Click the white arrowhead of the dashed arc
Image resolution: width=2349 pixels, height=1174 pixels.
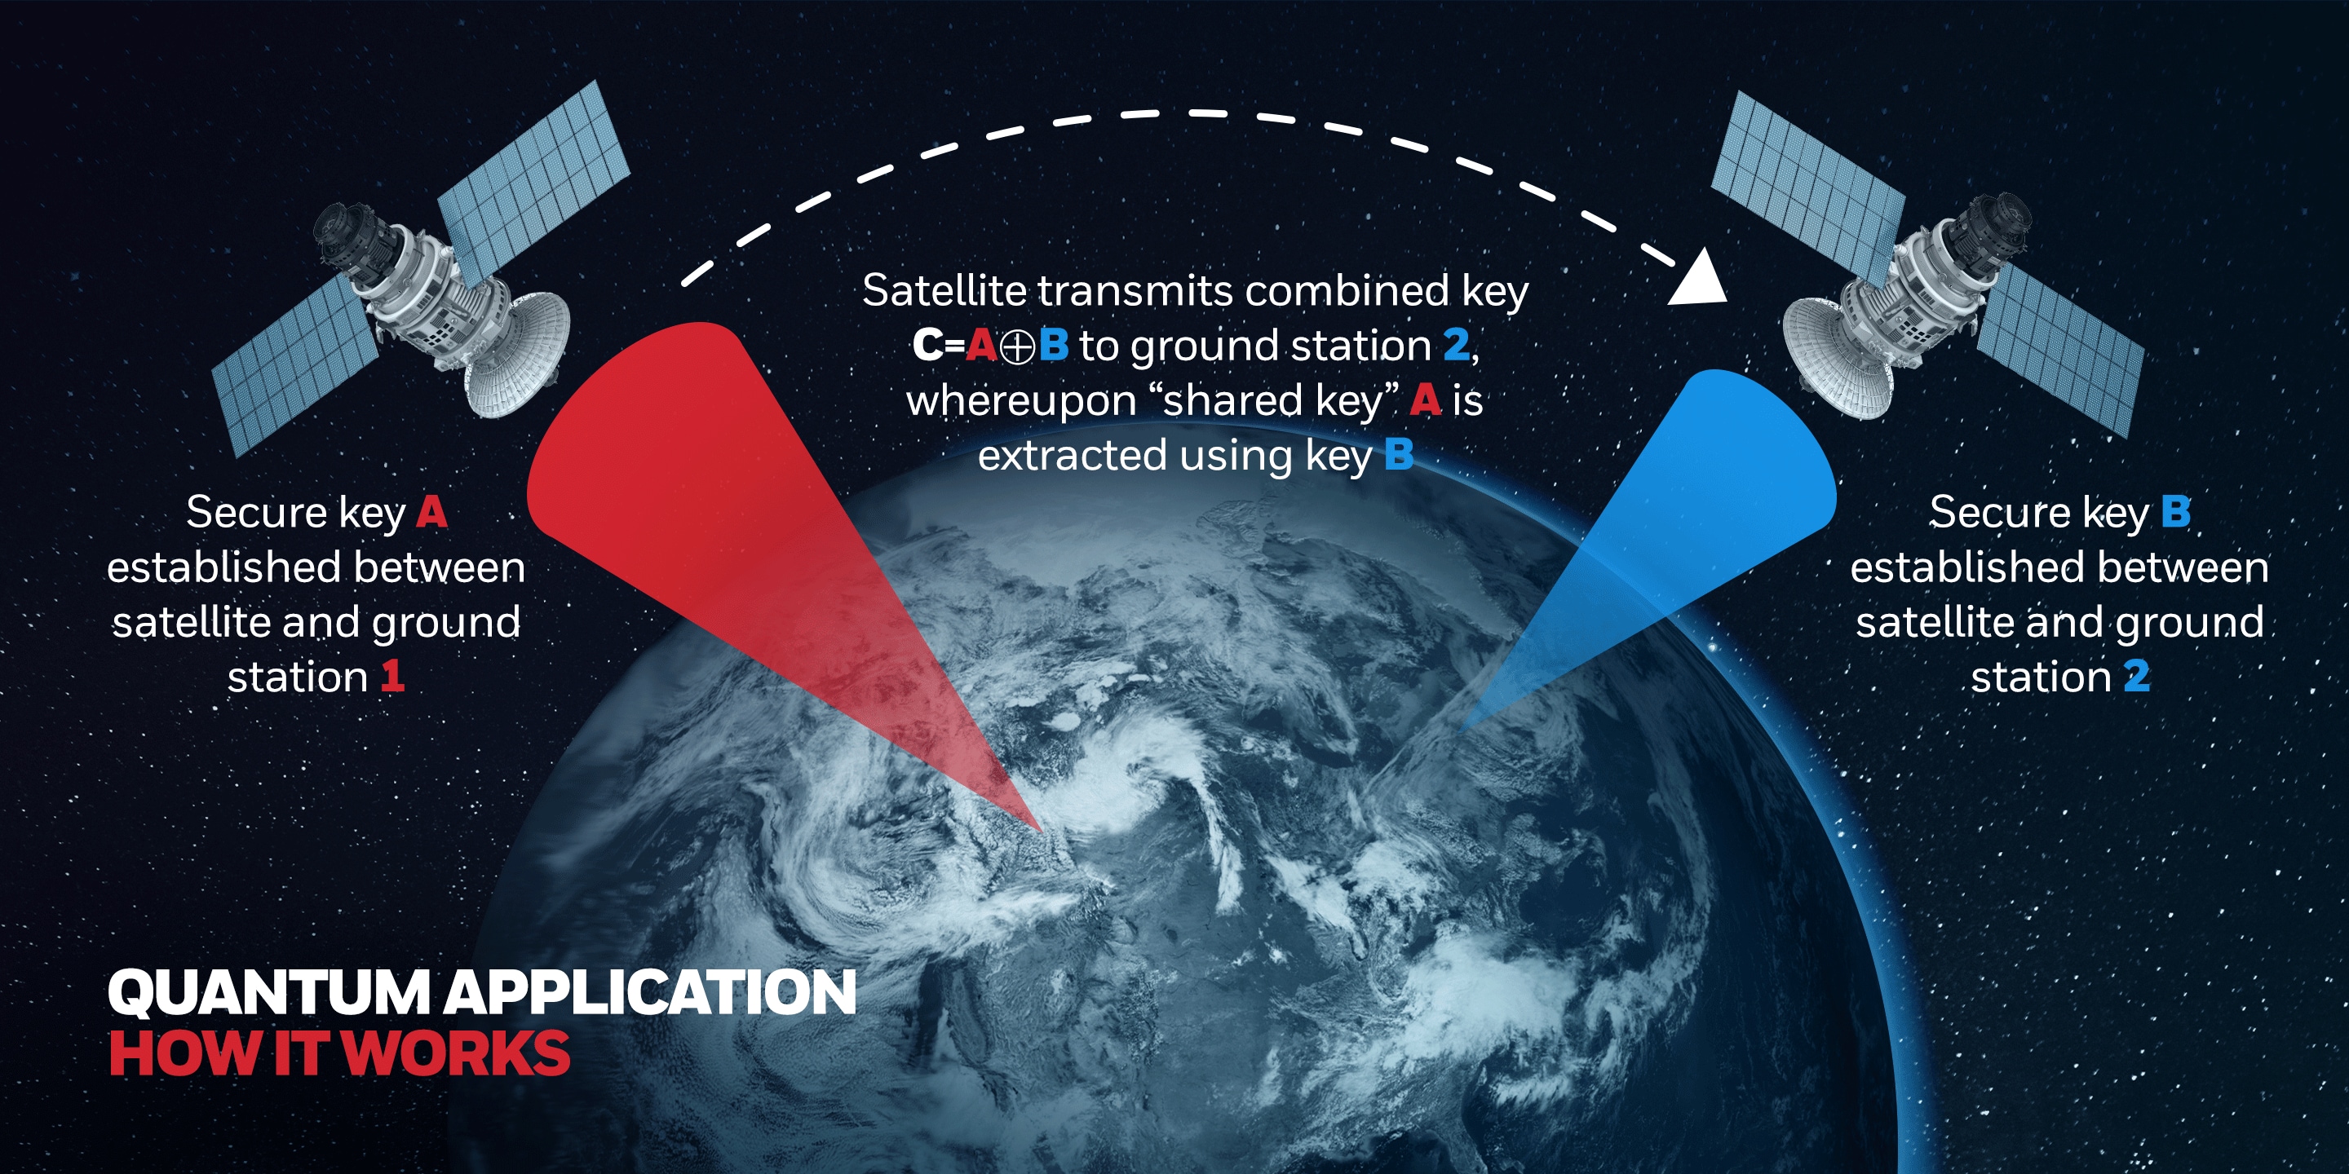[1700, 278]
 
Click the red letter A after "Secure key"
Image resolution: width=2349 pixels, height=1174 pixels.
[432, 512]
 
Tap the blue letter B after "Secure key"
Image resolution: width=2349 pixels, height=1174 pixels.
[2176, 512]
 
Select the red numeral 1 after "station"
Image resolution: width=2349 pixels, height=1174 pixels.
[392, 677]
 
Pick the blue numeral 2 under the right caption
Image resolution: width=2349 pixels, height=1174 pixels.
[2137, 677]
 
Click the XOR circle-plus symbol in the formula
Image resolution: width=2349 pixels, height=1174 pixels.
[1017, 347]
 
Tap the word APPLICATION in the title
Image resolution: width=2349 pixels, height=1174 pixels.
[650, 991]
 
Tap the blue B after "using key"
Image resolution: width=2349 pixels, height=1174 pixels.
[1399, 455]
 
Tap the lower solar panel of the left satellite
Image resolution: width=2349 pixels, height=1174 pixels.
[296, 365]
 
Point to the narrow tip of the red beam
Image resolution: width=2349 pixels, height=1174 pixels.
[1040, 829]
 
